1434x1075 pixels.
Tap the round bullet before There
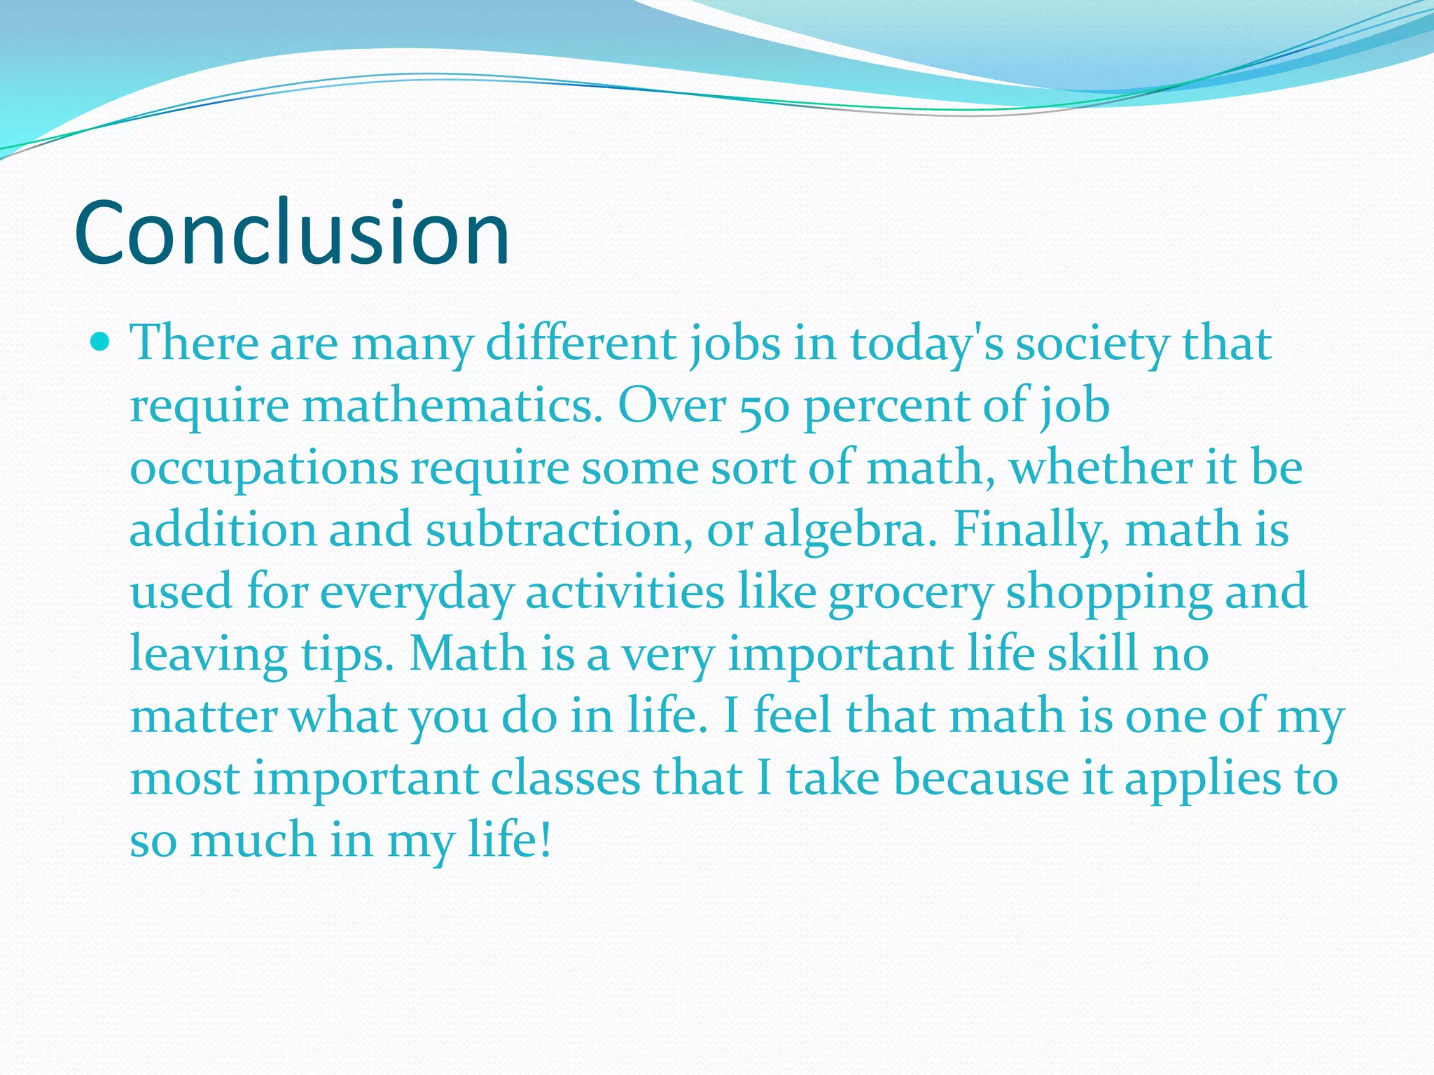coord(101,342)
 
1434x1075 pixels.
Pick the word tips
coord(347,654)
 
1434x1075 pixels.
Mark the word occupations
coord(264,469)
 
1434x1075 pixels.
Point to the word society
coord(1092,344)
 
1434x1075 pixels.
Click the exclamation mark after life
coord(545,839)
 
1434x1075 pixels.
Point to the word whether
coord(1100,468)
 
